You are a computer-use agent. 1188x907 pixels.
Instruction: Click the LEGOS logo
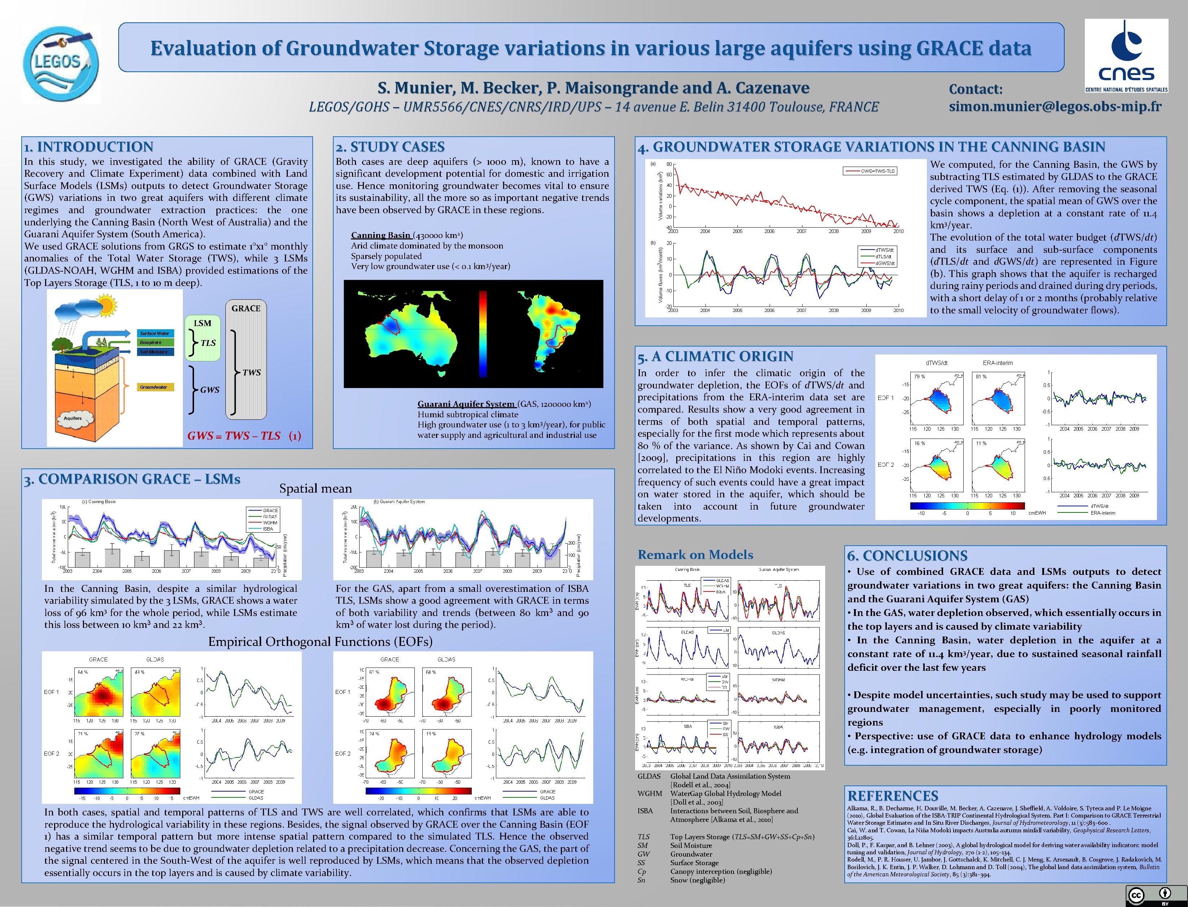click(61, 63)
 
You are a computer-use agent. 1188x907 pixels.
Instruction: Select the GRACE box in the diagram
click(246, 359)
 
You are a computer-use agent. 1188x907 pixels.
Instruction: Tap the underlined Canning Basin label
click(381, 235)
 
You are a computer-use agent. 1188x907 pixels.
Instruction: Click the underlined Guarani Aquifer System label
click(466, 404)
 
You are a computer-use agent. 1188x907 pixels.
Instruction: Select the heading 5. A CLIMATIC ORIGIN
click(715, 356)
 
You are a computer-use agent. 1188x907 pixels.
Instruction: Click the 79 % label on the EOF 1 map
click(919, 376)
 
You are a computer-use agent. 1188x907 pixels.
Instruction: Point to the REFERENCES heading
click(893, 796)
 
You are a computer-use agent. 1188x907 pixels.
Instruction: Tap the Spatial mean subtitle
click(315, 489)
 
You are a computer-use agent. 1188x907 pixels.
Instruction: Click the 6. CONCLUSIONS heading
click(907, 556)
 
